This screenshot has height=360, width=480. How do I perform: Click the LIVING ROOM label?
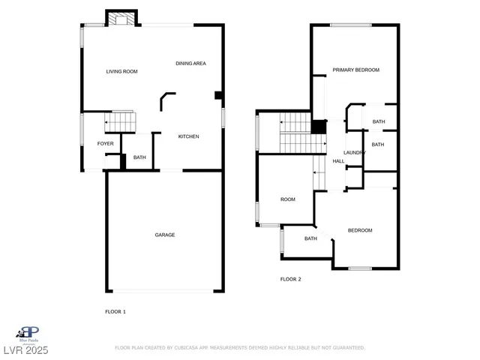[x=121, y=72]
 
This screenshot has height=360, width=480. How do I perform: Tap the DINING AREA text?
[x=190, y=64]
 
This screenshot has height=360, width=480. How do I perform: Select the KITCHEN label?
[x=188, y=136]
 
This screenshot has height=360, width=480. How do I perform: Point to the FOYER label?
[x=105, y=143]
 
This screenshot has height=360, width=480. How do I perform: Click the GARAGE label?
[x=165, y=235]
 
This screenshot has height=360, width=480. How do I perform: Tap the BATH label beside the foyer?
[x=139, y=157]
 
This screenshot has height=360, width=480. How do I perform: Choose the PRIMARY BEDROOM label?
[x=356, y=70]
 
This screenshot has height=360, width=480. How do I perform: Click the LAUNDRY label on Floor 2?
[x=355, y=153]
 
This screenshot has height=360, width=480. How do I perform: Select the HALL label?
[x=339, y=161]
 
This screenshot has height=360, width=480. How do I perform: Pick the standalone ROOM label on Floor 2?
[x=288, y=199]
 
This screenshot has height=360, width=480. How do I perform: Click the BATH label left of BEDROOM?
[x=310, y=239]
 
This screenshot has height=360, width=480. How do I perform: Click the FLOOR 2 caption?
[x=290, y=279]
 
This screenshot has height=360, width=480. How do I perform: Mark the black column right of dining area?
[x=218, y=95]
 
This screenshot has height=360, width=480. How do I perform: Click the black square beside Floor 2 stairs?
[x=319, y=126]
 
